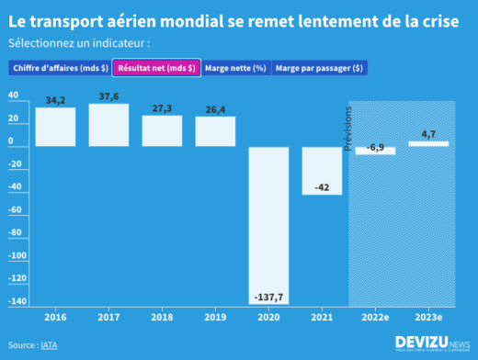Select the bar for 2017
point(108,125)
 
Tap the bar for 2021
point(322,170)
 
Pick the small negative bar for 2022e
point(375,151)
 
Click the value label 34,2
point(55,100)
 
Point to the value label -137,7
point(268,298)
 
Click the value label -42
point(322,187)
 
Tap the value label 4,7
point(428,134)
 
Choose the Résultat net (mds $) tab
point(155,68)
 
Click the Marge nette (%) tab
point(235,68)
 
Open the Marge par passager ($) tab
point(319,68)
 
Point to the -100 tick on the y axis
point(16,255)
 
